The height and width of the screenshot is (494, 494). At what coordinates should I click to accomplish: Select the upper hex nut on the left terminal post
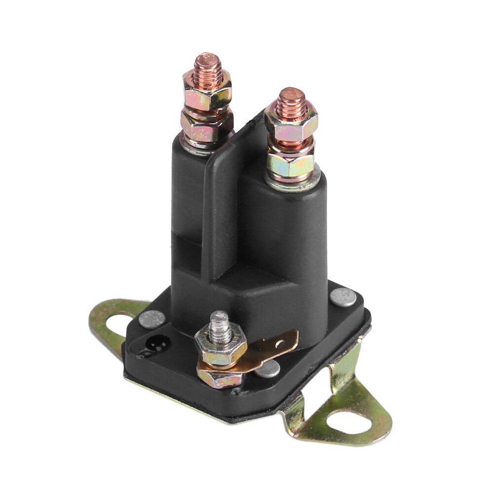click(207, 87)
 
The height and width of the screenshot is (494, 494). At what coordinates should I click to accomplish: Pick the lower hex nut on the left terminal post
click(206, 126)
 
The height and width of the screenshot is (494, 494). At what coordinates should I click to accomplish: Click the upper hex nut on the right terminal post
click(291, 121)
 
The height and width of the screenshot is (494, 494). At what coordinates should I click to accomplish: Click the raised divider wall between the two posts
click(222, 197)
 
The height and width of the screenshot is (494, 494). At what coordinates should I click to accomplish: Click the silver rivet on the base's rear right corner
click(343, 297)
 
